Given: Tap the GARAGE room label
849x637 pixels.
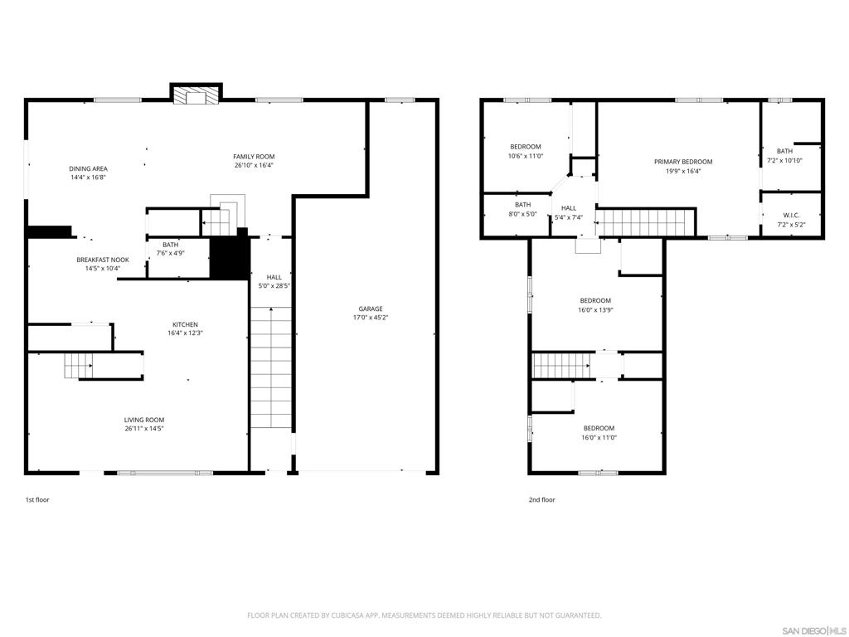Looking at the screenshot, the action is [x=371, y=309].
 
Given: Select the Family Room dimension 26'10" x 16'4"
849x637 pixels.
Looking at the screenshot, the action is [x=254, y=165].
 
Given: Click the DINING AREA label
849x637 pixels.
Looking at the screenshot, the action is [x=88, y=168].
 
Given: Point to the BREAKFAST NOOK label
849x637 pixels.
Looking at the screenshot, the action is [x=103, y=260].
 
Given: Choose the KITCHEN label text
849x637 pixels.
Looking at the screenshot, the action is [x=185, y=324].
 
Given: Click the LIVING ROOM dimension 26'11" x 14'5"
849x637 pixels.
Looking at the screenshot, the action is [x=144, y=429].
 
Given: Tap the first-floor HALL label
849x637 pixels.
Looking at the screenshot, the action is [x=274, y=277].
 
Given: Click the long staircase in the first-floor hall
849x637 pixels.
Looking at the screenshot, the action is [x=271, y=367].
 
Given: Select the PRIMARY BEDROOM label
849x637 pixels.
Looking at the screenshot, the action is [x=683, y=162].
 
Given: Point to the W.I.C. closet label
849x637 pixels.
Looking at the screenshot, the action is [x=791, y=215].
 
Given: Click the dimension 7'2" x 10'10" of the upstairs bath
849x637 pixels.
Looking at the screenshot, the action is [x=784, y=160].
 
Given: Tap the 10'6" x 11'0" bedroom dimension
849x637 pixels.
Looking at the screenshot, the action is [x=525, y=156].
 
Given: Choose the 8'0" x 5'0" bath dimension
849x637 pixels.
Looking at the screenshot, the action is [x=522, y=214].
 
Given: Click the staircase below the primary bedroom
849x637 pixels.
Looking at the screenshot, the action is [x=645, y=222].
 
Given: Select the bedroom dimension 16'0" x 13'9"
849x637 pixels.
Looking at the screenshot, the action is [x=595, y=310].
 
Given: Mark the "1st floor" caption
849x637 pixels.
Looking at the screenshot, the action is [x=37, y=500].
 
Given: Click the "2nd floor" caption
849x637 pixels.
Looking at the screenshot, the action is [x=542, y=500].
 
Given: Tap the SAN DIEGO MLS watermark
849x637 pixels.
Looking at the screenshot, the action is [x=816, y=630].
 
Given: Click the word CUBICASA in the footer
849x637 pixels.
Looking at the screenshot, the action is [x=349, y=615].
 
